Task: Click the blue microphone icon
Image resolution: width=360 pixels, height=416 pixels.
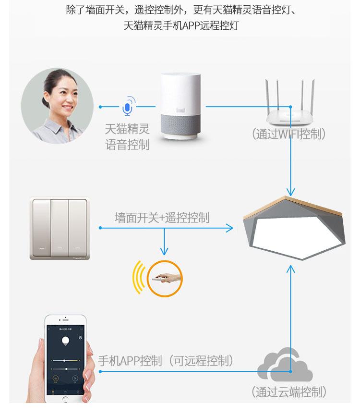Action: click(x=127, y=107)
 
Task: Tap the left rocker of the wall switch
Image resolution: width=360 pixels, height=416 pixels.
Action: click(x=41, y=228)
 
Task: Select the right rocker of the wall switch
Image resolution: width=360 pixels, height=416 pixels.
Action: click(x=77, y=228)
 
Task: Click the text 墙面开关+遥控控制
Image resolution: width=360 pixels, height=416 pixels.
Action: click(x=162, y=218)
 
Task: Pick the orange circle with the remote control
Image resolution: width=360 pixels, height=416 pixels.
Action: click(x=165, y=279)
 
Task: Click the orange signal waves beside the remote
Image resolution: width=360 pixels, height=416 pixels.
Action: click(x=138, y=278)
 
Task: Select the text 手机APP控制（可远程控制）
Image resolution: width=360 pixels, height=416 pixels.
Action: click(x=166, y=361)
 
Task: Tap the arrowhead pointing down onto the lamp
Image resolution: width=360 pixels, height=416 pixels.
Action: click(x=290, y=190)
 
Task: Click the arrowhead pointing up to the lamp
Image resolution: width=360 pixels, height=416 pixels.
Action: click(x=290, y=268)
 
